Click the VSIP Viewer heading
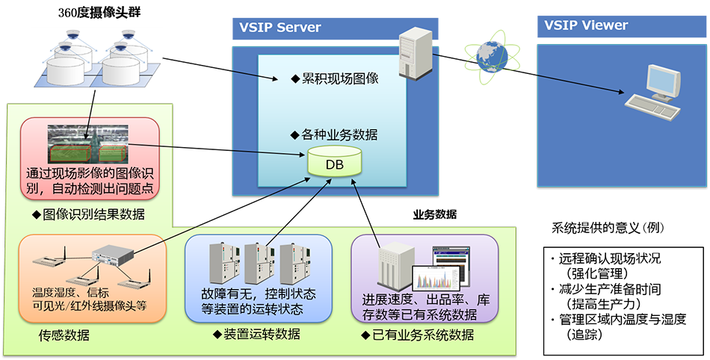click(586, 25)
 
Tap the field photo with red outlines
click(87, 144)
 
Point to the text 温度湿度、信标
click(71, 290)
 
